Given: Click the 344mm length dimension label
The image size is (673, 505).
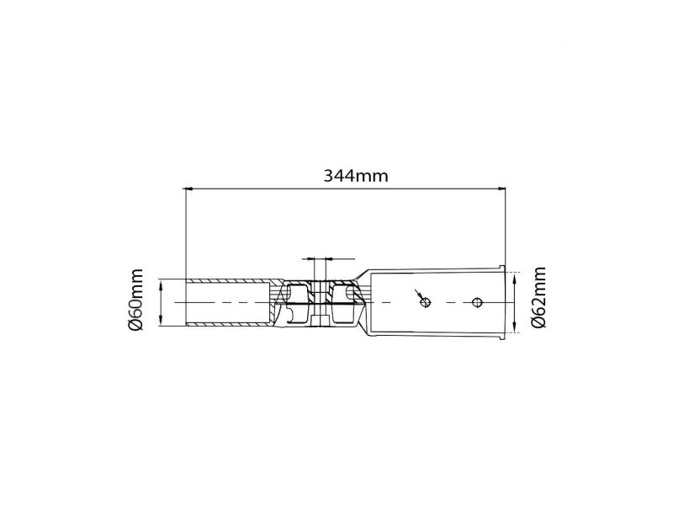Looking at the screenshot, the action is pos(355,176).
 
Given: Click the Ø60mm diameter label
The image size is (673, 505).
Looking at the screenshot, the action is pos(135,300).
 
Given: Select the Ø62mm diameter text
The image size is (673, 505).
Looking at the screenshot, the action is pos(538,297).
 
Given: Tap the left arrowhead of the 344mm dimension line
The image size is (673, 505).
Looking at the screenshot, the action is pos(187,188).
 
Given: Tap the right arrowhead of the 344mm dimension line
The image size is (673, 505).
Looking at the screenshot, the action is pos(501,188).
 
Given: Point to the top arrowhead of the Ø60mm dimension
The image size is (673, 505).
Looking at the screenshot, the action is pos(161,284).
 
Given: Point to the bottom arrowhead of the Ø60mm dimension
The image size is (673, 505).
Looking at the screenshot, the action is pos(161,321).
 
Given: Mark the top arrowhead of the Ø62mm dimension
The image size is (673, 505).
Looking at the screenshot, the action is pos(514,279).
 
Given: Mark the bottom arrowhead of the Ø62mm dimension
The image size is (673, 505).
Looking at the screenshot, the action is pos(514,327).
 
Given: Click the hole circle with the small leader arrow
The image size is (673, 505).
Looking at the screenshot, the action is pos(426,303).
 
